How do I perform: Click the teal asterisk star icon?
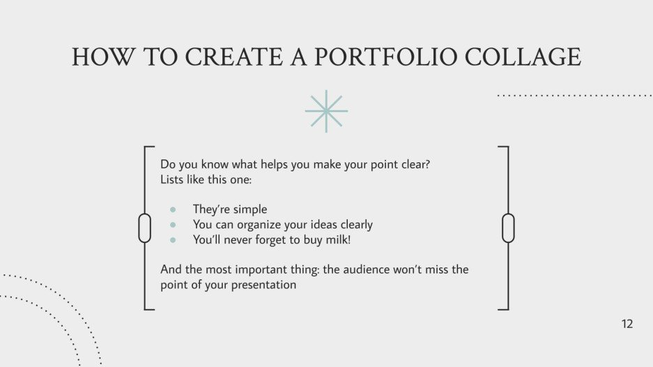[326, 111]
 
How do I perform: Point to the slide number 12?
[627, 324]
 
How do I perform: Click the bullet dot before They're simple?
[173, 210]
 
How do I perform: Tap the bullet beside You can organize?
[173, 225]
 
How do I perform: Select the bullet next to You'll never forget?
[173, 240]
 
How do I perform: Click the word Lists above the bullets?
[172, 180]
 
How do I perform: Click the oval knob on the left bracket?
[145, 228]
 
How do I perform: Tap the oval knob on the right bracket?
[508, 228]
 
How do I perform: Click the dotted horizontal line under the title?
[574, 95]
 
